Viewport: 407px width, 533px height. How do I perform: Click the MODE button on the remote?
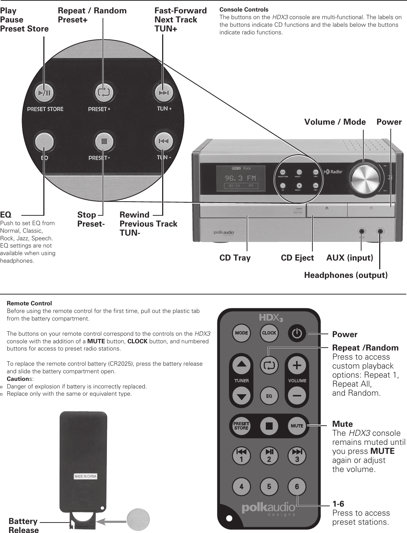pos(241,333)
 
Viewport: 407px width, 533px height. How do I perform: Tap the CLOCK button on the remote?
pos(269,333)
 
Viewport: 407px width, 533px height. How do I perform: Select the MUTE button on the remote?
pos(297,426)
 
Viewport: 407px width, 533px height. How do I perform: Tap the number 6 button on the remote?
pos(297,487)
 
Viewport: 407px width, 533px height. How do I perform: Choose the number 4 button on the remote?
pos(241,487)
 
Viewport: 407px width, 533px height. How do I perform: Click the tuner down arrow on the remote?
pos(241,396)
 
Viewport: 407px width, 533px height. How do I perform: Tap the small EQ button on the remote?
pos(269,396)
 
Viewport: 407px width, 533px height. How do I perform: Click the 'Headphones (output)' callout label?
pos(346,275)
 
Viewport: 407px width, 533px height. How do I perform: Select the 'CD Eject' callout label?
pos(297,258)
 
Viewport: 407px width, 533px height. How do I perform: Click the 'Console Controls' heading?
pos(244,9)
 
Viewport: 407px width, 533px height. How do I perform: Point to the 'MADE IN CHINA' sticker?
pos(86,476)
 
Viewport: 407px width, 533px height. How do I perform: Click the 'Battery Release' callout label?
pos(23,525)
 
